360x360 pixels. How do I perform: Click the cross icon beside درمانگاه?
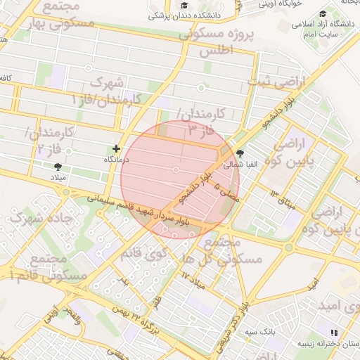pos(116,148)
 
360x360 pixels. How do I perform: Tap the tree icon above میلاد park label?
pos(58,167)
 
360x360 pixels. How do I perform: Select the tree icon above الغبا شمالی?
pos(240,153)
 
